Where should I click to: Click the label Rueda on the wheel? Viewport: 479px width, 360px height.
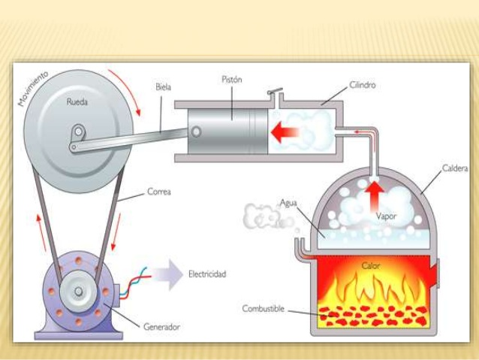click(77, 103)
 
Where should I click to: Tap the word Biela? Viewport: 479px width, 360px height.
click(163, 86)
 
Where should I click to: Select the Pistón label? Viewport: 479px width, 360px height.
click(232, 80)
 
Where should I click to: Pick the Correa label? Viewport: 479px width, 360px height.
click(158, 192)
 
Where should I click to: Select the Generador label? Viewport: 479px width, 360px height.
click(161, 327)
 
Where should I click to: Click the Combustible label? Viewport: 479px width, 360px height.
click(263, 308)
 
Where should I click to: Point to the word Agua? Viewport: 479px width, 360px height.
click(289, 202)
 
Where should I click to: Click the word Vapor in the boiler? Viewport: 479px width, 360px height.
click(387, 216)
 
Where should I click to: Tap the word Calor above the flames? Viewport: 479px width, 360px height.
click(372, 265)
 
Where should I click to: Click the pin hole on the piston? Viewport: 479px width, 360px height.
click(196, 132)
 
